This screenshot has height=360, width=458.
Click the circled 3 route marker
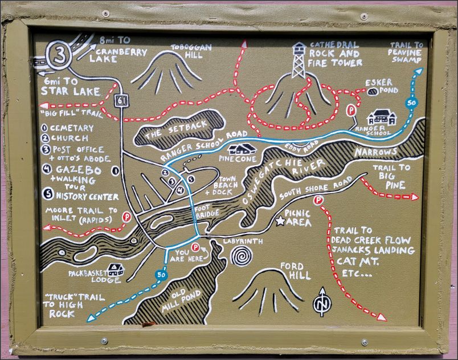tap(59, 55)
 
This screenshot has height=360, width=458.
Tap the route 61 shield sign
tap(120, 100)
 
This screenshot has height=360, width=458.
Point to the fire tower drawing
tap(298, 59)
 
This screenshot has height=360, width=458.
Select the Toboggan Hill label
tap(188, 52)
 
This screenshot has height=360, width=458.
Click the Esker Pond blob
tap(373, 91)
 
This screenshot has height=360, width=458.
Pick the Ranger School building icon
tap(381, 117)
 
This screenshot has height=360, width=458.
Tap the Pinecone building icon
tap(241, 149)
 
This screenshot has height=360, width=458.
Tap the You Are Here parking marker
tap(195, 248)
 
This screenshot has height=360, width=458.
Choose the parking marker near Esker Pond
tap(353, 108)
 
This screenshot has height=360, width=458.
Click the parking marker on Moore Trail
tap(126, 216)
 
